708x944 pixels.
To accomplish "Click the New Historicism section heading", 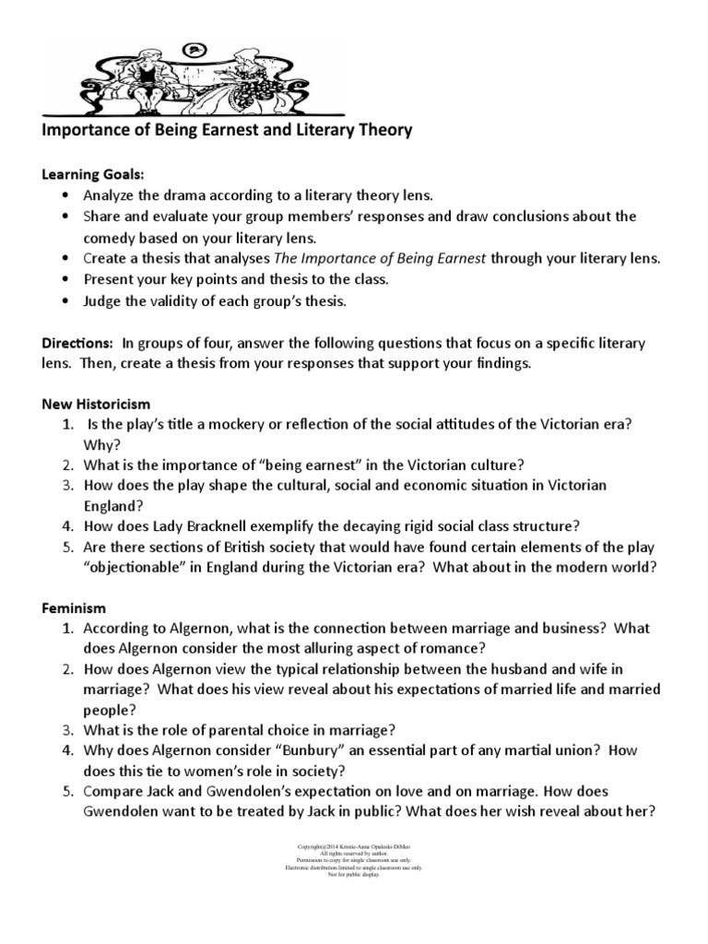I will click(97, 404).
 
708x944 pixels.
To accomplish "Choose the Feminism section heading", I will click(75, 608).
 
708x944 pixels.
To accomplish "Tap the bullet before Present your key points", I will click(63, 279).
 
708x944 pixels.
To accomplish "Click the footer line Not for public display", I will click(353, 874).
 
